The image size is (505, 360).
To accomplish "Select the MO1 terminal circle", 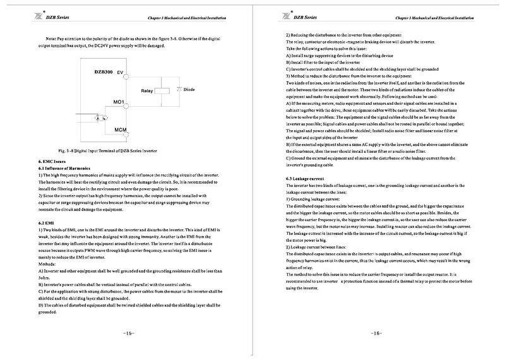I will pos(128,104).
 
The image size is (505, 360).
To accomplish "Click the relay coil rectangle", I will pos(163,90).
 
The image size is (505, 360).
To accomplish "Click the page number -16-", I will pos(376,333).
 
